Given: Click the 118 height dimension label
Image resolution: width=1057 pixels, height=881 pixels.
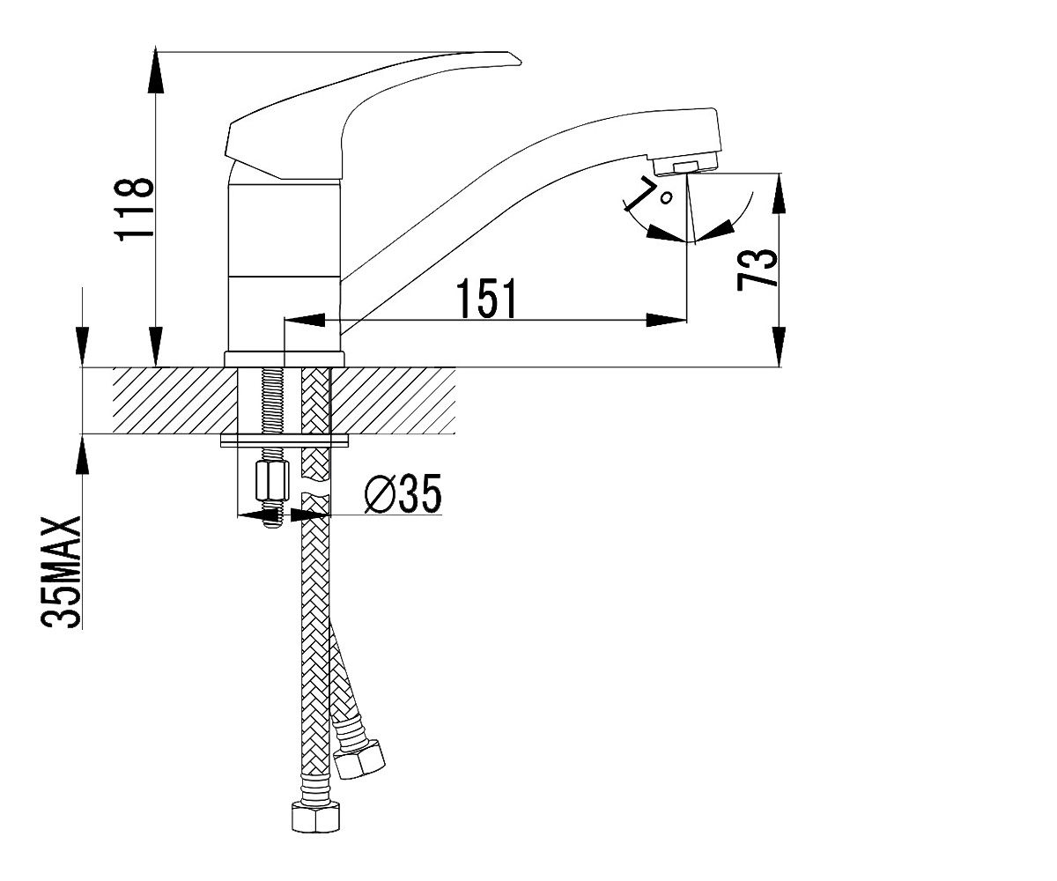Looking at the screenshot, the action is pyautogui.click(x=134, y=209).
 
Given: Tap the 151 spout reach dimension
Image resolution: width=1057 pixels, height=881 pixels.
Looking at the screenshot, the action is pyautogui.click(x=486, y=299).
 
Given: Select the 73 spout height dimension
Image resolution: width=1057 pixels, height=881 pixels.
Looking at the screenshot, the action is pyautogui.click(x=757, y=269).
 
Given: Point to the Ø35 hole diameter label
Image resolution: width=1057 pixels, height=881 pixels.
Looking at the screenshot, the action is pyautogui.click(x=403, y=493).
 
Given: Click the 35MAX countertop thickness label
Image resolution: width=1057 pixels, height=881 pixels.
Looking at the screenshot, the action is pyautogui.click(x=61, y=572).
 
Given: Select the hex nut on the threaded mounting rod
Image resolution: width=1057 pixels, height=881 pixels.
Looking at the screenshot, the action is pyautogui.click(x=271, y=480).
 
